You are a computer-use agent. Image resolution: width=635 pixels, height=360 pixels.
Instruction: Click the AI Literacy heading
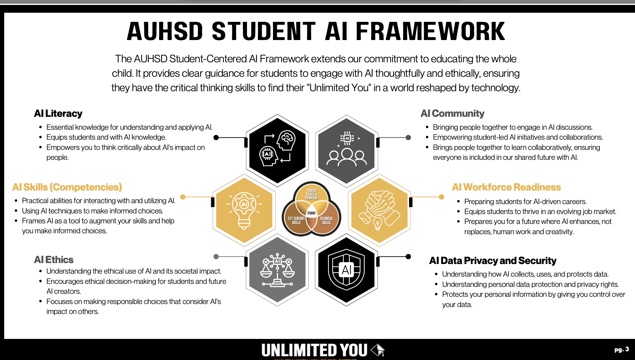(58, 113)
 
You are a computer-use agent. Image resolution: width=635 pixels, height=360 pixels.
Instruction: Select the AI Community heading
(452, 113)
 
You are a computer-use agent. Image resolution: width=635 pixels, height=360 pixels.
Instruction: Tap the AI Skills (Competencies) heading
(67, 187)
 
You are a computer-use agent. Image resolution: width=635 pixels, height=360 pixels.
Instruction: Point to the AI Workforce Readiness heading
(506, 187)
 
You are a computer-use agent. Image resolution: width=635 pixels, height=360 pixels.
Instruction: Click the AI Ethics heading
(54, 260)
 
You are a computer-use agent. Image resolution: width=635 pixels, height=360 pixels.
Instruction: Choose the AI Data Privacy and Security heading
(493, 261)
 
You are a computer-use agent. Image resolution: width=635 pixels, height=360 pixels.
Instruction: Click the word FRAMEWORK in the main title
(430, 32)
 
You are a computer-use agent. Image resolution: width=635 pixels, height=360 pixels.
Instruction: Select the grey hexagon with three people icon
(346, 150)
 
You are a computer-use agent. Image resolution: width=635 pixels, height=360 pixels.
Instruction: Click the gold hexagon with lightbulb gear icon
(244, 210)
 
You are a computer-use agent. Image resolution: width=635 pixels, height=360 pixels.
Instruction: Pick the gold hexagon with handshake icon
(380, 210)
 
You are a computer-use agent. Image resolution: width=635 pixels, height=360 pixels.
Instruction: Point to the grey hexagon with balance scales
(277, 270)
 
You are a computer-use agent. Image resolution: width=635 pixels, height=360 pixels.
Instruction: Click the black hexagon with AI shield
(346, 270)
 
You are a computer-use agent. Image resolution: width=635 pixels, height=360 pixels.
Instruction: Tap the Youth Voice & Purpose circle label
(311, 194)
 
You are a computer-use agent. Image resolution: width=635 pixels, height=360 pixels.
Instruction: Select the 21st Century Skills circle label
(296, 221)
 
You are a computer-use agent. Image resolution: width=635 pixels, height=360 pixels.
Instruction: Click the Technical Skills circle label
(326, 221)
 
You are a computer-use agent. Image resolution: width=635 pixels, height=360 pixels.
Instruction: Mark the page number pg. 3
(621, 349)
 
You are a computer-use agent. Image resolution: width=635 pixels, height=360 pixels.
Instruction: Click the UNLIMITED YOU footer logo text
(314, 350)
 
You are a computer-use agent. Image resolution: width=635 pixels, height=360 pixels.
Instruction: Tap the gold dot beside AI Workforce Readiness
(442, 197)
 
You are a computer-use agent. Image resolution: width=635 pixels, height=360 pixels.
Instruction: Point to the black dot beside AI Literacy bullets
(216, 138)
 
